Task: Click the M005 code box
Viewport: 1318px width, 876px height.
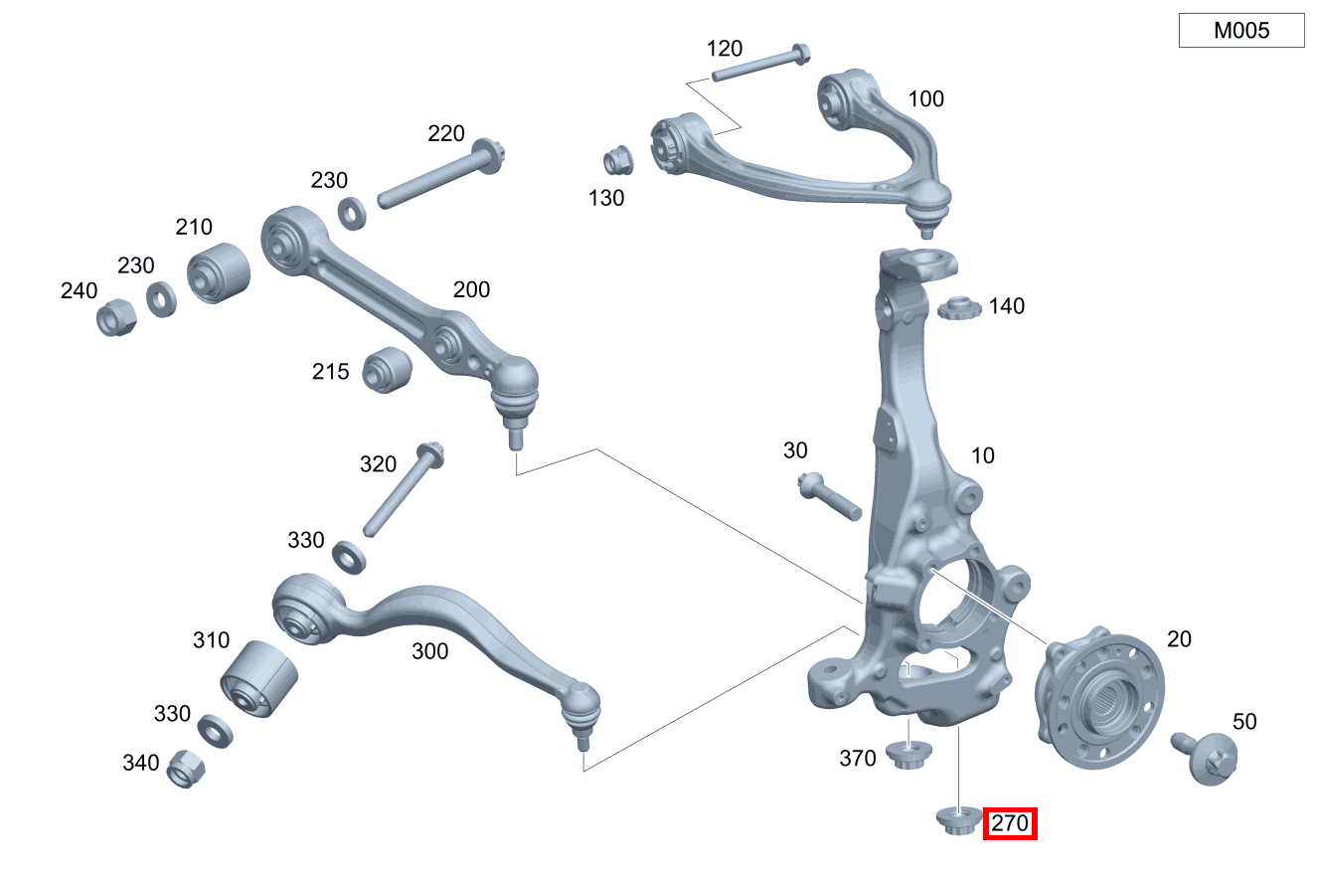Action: [x=1241, y=30]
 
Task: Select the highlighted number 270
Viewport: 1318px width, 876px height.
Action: [x=1010, y=823]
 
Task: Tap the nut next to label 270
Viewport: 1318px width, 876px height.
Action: [x=959, y=820]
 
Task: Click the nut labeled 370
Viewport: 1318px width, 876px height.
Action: [x=908, y=756]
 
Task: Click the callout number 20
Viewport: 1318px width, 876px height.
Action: [x=1179, y=638]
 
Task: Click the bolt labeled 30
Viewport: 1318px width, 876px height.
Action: [x=830, y=496]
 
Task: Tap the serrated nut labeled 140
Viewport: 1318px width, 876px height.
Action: [x=959, y=308]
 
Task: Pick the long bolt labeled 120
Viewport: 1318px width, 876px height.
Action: [x=760, y=63]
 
